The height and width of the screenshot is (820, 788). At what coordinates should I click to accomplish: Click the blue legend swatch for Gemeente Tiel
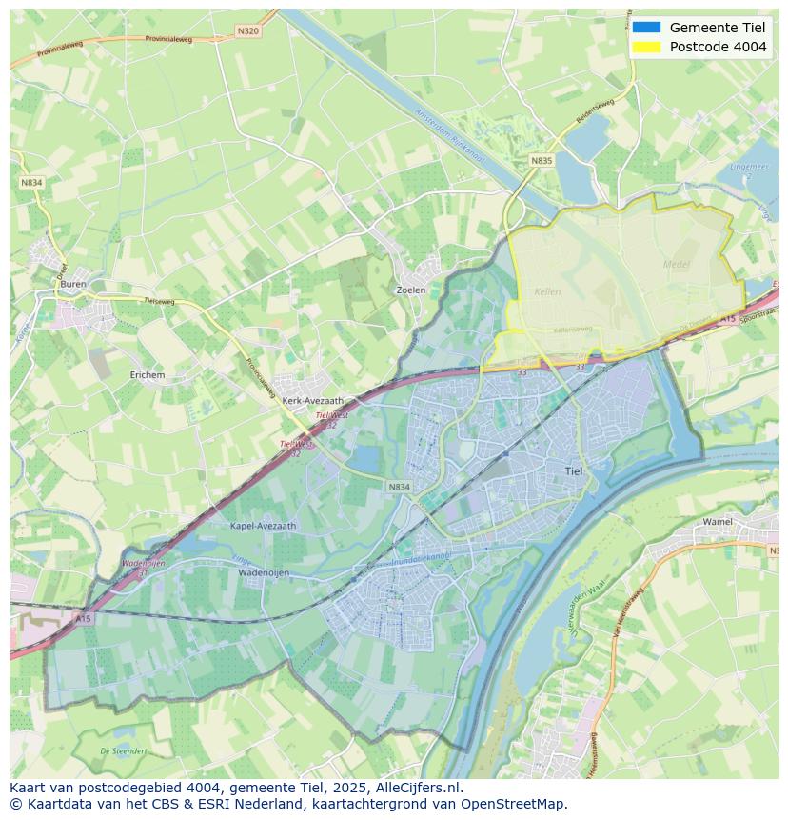(646, 28)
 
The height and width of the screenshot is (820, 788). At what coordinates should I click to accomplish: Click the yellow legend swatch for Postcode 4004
(646, 47)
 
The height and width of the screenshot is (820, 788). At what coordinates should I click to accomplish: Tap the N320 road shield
(247, 31)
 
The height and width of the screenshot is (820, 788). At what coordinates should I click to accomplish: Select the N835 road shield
(542, 161)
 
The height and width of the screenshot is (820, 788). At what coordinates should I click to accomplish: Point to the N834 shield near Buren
(32, 183)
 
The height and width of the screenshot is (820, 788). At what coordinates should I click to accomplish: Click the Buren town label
(73, 284)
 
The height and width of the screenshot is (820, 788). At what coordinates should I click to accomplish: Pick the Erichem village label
(148, 375)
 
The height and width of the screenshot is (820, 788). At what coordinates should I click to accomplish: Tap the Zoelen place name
(410, 290)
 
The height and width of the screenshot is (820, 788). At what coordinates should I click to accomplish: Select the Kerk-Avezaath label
(312, 401)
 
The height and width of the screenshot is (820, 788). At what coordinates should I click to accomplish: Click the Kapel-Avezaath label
(264, 525)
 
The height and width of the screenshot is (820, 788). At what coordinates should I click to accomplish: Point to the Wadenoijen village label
(264, 572)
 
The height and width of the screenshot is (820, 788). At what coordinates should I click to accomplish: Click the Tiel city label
(574, 470)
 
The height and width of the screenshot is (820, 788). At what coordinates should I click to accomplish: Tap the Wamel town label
(718, 522)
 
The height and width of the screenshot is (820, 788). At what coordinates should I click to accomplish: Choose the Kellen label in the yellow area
(547, 291)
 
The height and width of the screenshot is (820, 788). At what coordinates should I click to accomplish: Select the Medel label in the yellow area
(676, 264)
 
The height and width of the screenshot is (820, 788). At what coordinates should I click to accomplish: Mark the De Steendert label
(124, 751)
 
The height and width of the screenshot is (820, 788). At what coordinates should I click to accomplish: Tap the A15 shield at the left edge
(84, 619)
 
